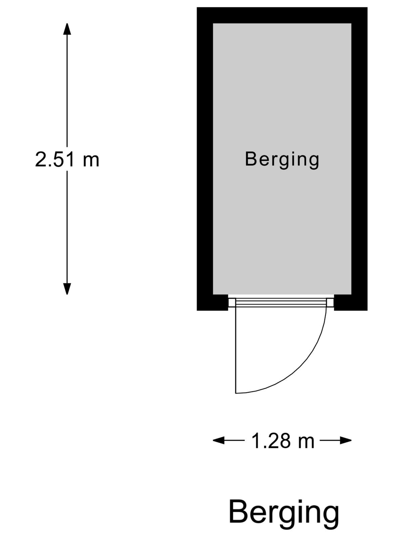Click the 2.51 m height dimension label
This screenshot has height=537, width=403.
(x=67, y=159)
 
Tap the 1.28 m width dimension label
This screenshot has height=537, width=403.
(x=283, y=441)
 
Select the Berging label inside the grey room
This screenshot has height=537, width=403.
(x=282, y=160)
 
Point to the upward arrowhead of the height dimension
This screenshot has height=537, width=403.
(x=67, y=29)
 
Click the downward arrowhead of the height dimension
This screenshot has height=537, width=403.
(x=67, y=289)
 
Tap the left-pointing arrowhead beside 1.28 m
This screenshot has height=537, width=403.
(x=219, y=441)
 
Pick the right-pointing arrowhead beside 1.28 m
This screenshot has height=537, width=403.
(x=346, y=441)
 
